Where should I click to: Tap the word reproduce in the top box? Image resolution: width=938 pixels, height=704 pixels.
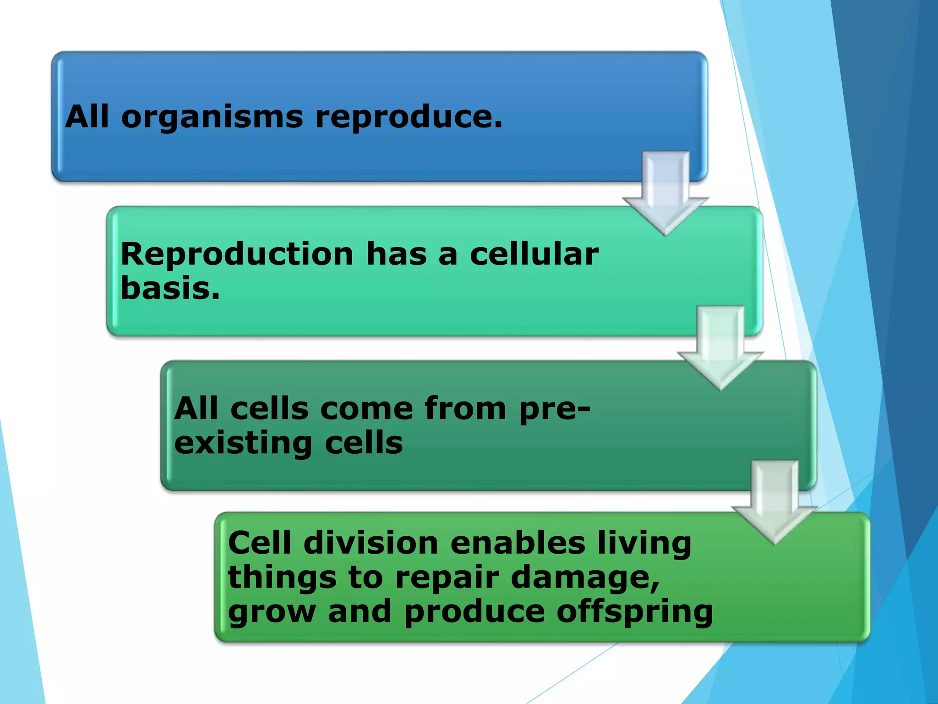[408, 117]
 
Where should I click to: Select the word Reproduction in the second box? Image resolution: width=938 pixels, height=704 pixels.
[237, 254]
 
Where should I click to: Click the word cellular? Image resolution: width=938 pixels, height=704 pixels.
[534, 254]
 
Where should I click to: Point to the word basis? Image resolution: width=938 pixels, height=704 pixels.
[169, 289]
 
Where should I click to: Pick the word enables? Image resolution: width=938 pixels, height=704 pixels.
[518, 543]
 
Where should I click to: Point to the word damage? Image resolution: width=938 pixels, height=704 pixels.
[584, 578]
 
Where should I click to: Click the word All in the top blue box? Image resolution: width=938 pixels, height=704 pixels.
[87, 116]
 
